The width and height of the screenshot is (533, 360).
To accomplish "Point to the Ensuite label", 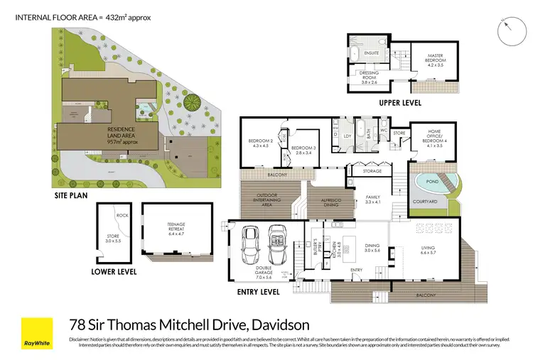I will tap(370, 52).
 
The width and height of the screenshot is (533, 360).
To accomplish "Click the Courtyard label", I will tap(424, 202).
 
